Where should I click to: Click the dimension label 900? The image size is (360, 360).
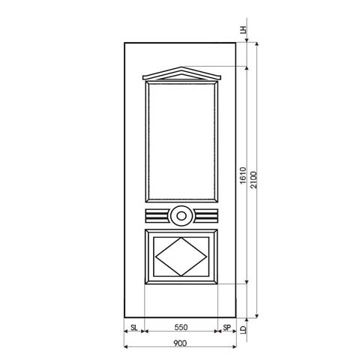(180, 343)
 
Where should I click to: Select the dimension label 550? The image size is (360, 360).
(180, 328)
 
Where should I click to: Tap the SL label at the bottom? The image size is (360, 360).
(133, 328)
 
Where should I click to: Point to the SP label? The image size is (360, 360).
(226, 328)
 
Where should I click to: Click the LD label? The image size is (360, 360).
(244, 328)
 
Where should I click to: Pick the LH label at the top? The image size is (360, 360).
(243, 30)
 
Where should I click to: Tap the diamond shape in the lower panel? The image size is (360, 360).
(180, 256)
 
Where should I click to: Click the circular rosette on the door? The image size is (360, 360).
(180, 217)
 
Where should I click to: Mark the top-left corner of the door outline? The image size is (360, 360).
(124, 43)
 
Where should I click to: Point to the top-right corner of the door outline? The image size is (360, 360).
(237, 43)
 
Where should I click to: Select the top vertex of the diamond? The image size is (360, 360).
(180, 237)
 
